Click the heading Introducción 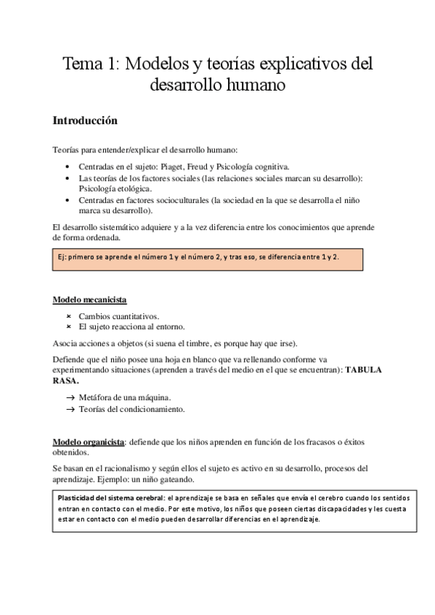point(85,120)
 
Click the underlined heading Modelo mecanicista point(91,300)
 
